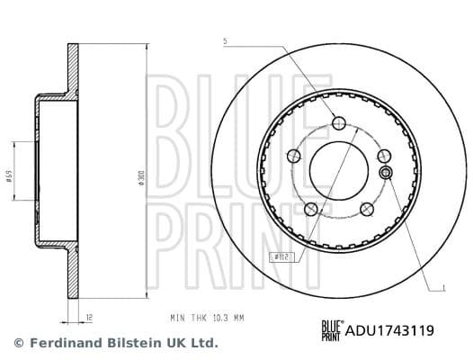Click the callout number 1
tap(443, 288)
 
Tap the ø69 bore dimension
tap(9, 177)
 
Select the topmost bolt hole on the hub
tap(338, 123)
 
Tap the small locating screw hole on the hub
tap(386, 173)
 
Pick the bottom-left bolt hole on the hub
tap(310, 209)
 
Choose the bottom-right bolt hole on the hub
tap(365, 209)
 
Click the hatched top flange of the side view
tap(71, 67)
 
